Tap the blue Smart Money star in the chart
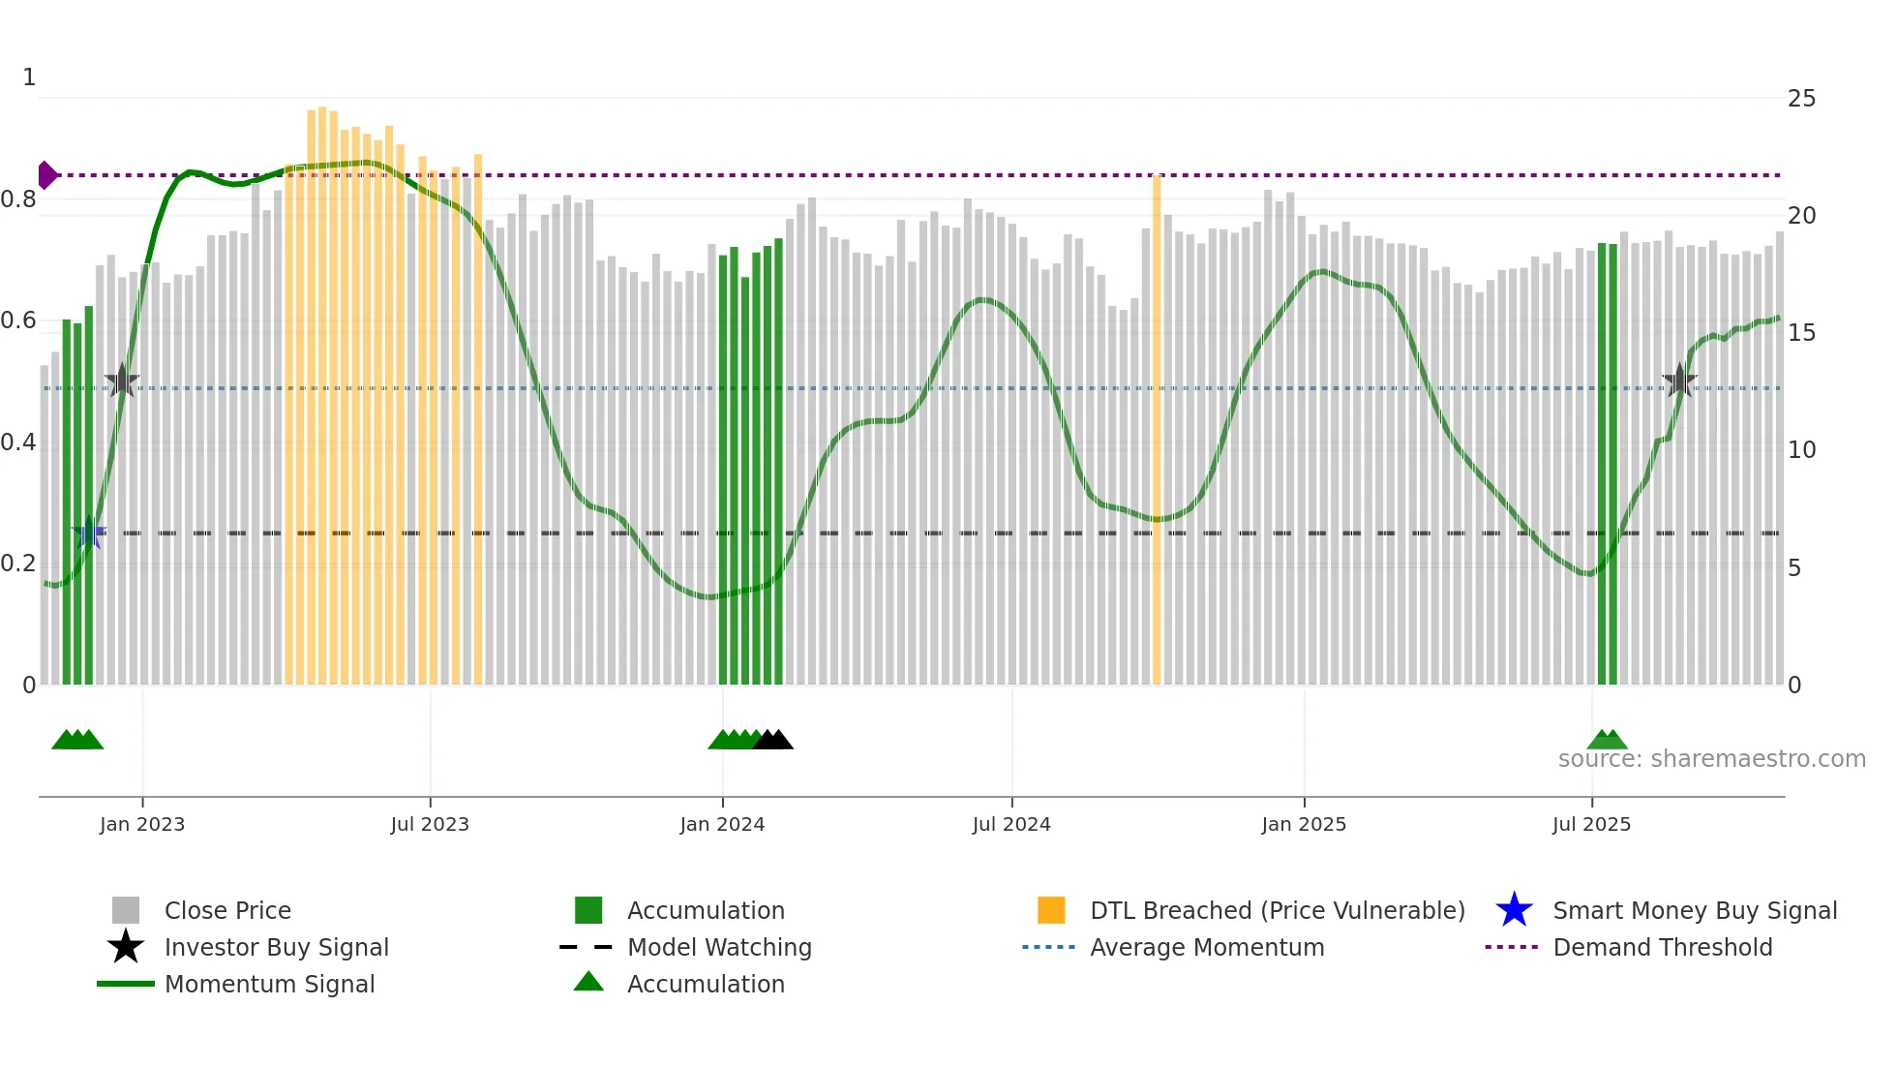[89, 533]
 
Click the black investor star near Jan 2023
[122, 381]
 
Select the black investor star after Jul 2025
[1679, 381]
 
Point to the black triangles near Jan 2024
[773, 740]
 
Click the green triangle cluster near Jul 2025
[1607, 740]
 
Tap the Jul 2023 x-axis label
[430, 824]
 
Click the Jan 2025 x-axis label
[1304, 824]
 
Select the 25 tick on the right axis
[1801, 99]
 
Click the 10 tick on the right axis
[1801, 450]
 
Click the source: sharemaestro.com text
[1711, 759]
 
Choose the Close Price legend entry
[227, 910]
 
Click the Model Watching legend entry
[719, 947]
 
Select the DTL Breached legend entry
[1277, 910]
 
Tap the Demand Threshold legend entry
[1662, 947]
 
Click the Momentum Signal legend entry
[269, 984]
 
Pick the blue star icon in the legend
[1514, 910]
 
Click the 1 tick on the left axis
[29, 77]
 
